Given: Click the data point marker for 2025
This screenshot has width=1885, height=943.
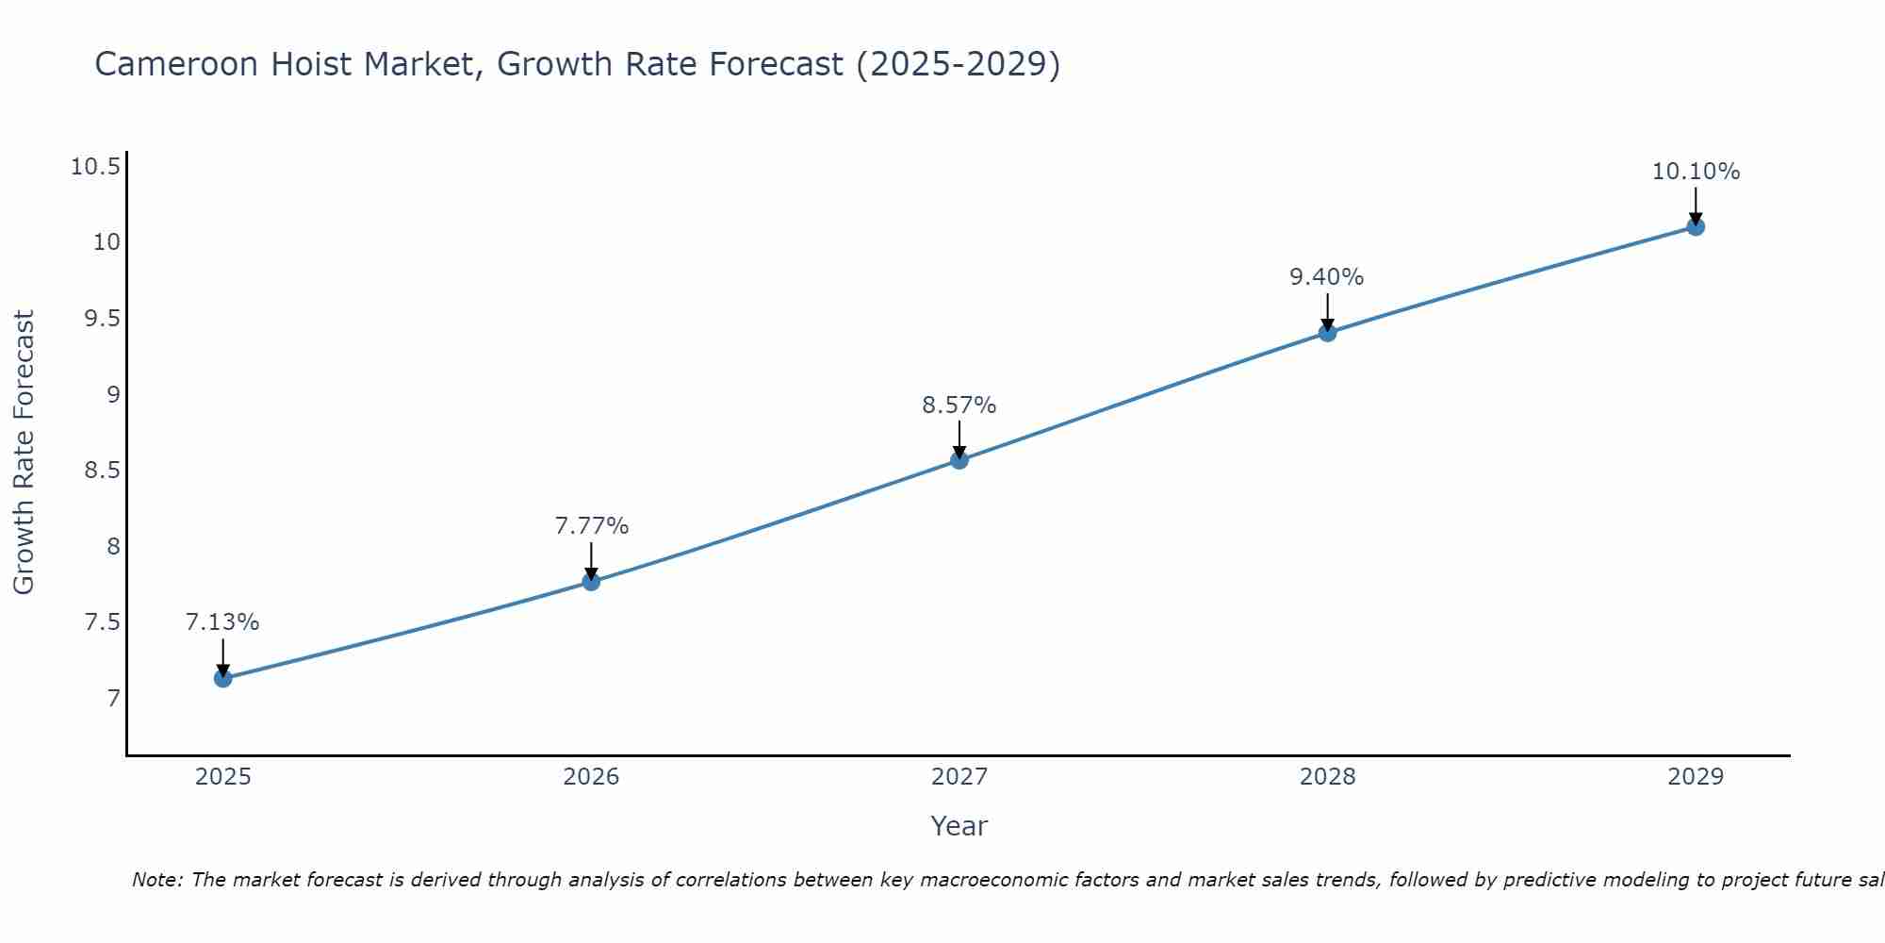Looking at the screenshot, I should click(x=223, y=678).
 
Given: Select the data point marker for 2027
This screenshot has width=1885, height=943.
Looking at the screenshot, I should click(x=959, y=460).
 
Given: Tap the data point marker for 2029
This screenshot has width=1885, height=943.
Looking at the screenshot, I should click(x=1696, y=226).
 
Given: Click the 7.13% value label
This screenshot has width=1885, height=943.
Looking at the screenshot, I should click(x=222, y=622).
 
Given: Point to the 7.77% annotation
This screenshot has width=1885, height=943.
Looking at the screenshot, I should click(x=591, y=526).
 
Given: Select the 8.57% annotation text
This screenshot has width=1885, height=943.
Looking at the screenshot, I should click(x=959, y=405).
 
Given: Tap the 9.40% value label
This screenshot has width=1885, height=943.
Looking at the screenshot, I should click(x=1326, y=277).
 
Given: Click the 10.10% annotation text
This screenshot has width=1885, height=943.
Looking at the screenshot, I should click(x=1696, y=172).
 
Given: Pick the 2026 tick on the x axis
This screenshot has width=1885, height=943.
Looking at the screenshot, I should click(x=591, y=777).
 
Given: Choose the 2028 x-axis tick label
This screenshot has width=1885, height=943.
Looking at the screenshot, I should click(x=1327, y=777).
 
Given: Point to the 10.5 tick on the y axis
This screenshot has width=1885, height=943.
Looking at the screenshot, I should click(x=95, y=168).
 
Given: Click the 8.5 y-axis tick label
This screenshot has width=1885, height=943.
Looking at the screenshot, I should click(x=102, y=471).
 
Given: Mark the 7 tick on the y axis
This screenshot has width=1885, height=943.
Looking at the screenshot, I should click(x=114, y=699).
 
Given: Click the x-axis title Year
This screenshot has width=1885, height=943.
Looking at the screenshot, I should click(x=959, y=826).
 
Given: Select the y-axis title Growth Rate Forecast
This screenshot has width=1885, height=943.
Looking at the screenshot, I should click(x=24, y=453).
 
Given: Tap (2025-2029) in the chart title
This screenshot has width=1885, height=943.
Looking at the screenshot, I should click(x=958, y=64).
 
